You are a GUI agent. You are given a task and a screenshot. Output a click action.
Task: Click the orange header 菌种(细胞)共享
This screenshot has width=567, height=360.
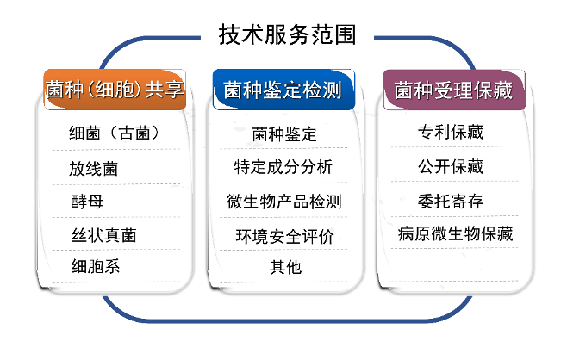click(x=115, y=89)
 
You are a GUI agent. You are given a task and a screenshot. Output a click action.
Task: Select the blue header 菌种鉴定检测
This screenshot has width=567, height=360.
click(x=283, y=90)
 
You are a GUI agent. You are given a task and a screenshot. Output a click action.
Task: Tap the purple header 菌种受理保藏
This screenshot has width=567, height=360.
click(x=454, y=90)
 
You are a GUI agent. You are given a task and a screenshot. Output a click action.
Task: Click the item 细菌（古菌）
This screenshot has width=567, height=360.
click(x=115, y=133)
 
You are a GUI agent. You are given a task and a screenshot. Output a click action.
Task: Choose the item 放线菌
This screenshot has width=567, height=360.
click(x=94, y=168)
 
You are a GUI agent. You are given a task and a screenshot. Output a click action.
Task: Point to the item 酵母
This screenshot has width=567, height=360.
click(x=86, y=201)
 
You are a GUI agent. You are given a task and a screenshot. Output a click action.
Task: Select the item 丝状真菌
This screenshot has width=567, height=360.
click(x=103, y=234)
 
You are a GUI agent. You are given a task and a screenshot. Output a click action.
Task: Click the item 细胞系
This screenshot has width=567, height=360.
click(x=95, y=266)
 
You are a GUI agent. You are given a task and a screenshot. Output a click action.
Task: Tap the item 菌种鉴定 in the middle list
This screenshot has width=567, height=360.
click(x=284, y=135)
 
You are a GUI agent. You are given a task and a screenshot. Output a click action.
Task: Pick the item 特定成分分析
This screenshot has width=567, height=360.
click(x=283, y=167)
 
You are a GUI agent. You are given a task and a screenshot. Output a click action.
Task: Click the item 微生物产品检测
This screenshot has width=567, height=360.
click(x=283, y=202)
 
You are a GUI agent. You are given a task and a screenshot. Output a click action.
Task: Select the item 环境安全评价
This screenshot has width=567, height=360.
click(x=284, y=235)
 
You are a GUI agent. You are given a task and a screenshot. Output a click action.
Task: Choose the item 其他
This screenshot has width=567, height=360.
click(x=285, y=267)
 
